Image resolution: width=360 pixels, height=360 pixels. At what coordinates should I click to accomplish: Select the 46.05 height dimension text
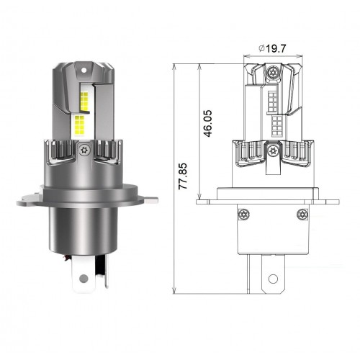click(208, 124)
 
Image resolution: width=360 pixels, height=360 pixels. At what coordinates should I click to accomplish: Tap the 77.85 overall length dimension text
click(183, 176)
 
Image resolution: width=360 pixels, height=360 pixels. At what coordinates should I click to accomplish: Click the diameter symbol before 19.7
click(261, 49)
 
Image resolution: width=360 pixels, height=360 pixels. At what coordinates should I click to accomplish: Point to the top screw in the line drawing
click(273, 71)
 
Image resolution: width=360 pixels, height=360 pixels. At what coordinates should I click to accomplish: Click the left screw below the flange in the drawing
click(244, 215)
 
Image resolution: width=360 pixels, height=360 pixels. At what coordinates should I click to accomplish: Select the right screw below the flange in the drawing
click(302, 215)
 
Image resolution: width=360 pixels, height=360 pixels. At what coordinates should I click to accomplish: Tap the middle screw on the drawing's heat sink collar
click(272, 150)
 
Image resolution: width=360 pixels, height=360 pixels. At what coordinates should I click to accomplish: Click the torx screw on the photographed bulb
click(84, 150)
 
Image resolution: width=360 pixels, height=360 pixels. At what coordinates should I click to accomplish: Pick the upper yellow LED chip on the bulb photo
click(84, 101)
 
